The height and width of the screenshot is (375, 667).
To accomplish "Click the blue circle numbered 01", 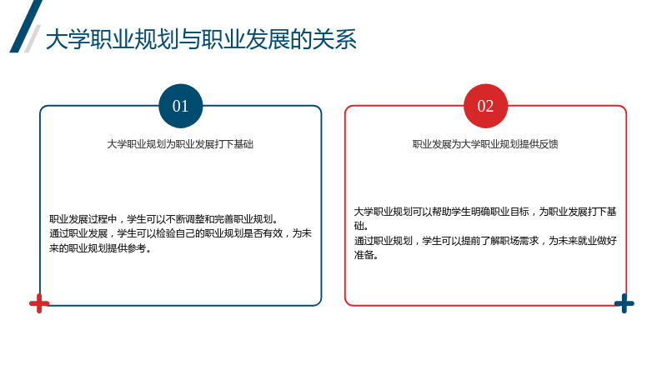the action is coord(181,106).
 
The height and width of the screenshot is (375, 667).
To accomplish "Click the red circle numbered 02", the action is coord(485,106).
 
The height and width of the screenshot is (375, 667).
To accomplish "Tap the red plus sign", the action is coord(39,303).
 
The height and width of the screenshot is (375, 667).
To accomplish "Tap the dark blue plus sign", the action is coord(624,303).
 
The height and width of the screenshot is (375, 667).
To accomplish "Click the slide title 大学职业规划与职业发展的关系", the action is coord(201,39).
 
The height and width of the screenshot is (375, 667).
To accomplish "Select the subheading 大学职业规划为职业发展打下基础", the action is coord(180,144).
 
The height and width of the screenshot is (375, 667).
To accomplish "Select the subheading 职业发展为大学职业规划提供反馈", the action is coord(485,144).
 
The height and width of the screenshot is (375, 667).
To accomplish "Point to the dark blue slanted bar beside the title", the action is coord(26,27).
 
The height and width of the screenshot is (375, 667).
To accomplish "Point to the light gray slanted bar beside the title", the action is coord(33,38).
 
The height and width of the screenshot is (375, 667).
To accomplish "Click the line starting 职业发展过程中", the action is coord(163,219).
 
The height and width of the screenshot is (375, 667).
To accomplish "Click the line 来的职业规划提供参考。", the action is coord(100,248).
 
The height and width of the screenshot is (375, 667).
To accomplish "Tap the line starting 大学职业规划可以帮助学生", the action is coord(485,212).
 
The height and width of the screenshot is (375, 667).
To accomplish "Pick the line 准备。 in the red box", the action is coord(366,255).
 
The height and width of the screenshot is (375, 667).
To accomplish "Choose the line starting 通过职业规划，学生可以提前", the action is coord(485,241).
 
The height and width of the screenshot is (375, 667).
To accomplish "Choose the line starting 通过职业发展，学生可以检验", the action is coord(180,233).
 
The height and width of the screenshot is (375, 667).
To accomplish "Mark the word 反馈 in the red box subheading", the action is coord(549,144).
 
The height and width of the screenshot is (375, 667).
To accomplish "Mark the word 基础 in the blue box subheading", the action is coord(243,144).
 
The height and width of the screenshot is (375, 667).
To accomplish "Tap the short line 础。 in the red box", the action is coord(361,226).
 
